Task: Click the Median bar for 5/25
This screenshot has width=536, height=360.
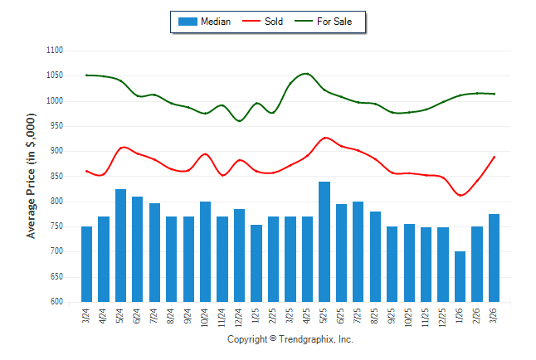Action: click(x=324, y=241)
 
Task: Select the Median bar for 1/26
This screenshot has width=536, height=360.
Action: click(x=460, y=276)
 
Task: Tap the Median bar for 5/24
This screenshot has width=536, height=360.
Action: click(x=120, y=246)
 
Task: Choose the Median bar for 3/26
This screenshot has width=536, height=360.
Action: click(x=494, y=258)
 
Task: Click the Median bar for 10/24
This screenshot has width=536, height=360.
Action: click(x=205, y=251)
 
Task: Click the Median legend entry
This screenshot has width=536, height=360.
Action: click(x=205, y=22)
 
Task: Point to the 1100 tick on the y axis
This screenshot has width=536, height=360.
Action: click(x=56, y=51)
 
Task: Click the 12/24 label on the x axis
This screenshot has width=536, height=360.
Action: click(x=239, y=316)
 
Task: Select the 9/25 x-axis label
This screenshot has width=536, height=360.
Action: click(x=392, y=316)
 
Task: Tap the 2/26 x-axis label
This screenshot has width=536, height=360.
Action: click(x=477, y=316)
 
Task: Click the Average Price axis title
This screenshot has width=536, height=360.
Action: click(x=32, y=177)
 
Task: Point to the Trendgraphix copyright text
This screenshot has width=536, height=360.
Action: click(x=290, y=339)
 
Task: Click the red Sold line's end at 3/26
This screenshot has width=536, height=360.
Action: click(x=495, y=157)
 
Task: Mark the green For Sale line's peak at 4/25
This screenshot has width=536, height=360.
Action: click(x=306, y=74)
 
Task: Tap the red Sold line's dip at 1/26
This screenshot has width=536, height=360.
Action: click(x=460, y=195)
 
